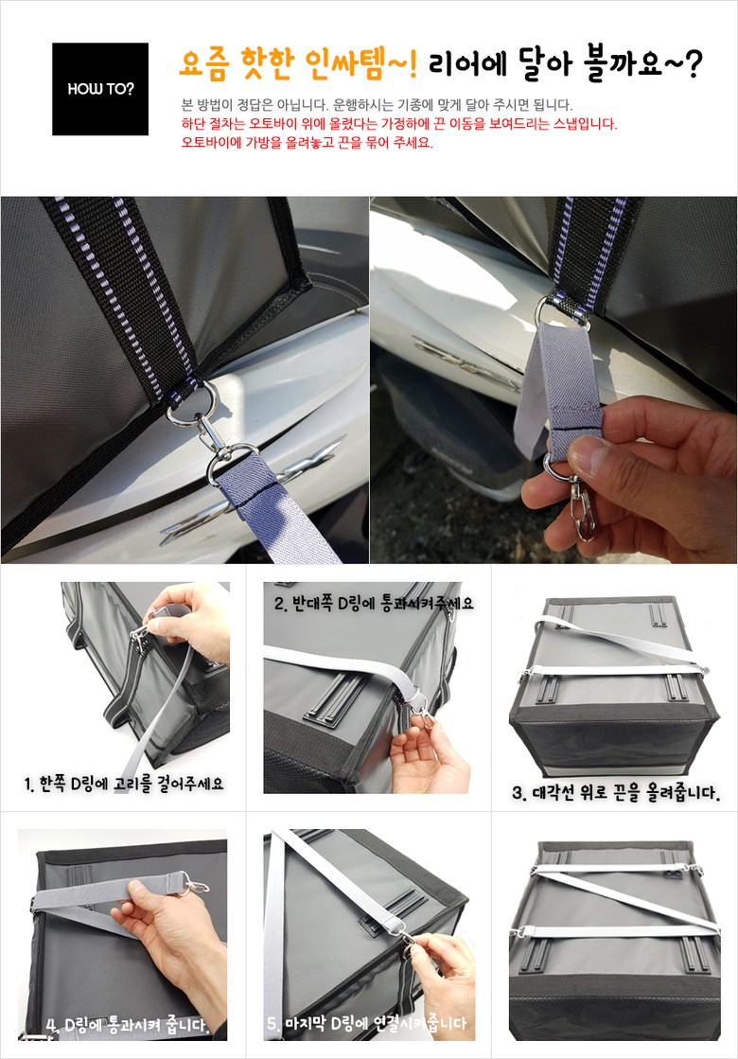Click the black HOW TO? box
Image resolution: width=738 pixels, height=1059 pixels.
(x=100, y=88)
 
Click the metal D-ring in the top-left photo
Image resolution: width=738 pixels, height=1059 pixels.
(x=191, y=402)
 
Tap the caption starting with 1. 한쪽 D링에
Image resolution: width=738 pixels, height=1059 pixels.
(x=124, y=785)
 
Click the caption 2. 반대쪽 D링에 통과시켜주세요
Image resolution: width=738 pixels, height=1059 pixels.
(x=374, y=603)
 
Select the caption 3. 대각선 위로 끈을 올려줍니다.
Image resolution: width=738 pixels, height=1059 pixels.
(x=616, y=792)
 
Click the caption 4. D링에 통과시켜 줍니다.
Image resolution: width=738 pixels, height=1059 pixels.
(x=126, y=1025)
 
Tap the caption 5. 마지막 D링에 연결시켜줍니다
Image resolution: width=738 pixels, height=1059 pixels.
(x=367, y=1023)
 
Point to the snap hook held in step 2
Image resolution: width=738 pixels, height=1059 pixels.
(x=421, y=712)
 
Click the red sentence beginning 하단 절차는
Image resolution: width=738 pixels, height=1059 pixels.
(x=399, y=124)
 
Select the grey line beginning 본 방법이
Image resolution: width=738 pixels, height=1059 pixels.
(x=377, y=105)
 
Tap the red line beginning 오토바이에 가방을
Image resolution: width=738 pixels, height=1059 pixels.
(x=307, y=143)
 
